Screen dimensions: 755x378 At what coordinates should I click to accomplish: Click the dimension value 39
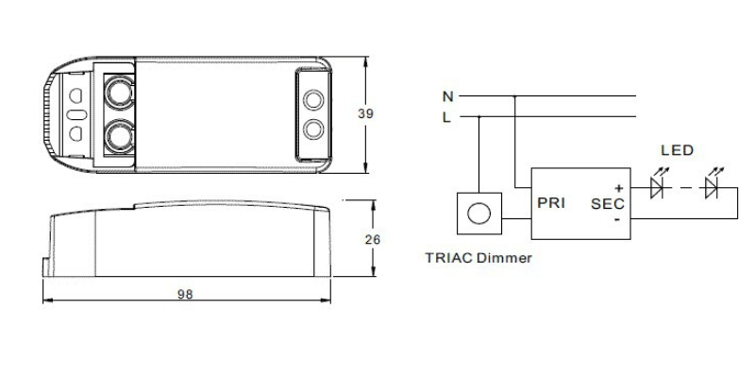[x=365, y=113]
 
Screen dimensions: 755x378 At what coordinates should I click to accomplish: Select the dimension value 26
[x=373, y=240]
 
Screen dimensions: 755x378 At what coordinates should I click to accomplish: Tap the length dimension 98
[x=185, y=294]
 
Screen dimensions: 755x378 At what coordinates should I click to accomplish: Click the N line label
[x=447, y=97]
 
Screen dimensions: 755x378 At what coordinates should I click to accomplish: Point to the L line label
[x=446, y=117]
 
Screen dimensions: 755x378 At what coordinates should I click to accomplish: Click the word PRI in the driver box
[x=551, y=203]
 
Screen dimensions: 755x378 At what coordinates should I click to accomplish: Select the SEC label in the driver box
[x=608, y=204]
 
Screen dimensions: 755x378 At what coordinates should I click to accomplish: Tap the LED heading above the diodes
[x=677, y=150]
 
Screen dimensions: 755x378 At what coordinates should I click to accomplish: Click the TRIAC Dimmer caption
[x=478, y=257]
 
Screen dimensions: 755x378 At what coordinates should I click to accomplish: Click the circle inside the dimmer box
[x=479, y=214]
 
